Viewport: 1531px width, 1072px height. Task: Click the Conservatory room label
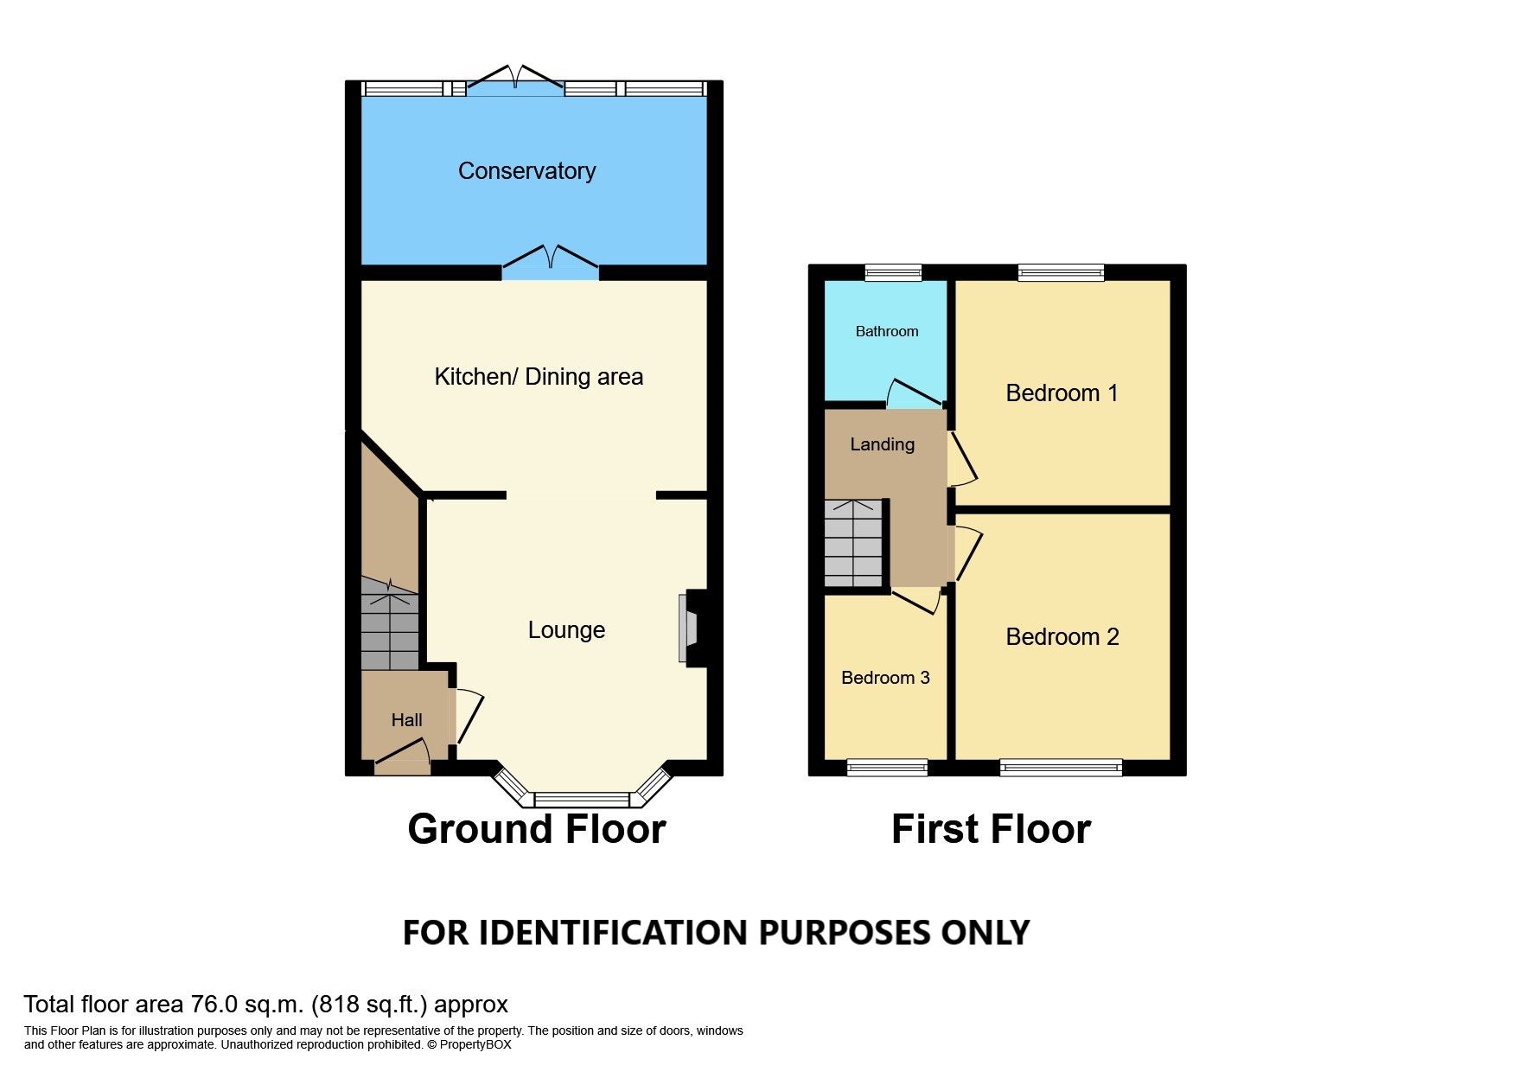(x=526, y=171)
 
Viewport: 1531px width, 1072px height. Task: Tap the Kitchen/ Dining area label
(x=538, y=377)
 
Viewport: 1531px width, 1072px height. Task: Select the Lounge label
(x=566, y=630)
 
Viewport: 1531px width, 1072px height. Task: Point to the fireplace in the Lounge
(x=693, y=628)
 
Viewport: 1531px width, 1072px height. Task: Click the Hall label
(x=406, y=720)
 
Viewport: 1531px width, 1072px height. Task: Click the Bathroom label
(x=886, y=331)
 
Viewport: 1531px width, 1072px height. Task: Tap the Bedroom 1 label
(x=1062, y=393)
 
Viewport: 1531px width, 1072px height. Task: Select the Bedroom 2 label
(x=1062, y=637)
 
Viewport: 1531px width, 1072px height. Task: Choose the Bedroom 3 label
(x=885, y=678)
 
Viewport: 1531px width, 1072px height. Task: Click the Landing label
(x=882, y=444)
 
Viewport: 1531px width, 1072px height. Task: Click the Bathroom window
(x=894, y=273)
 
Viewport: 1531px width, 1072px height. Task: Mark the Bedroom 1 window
(x=1061, y=273)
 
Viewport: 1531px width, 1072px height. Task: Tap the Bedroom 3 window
(x=887, y=767)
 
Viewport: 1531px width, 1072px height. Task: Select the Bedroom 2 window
(x=1061, y=767)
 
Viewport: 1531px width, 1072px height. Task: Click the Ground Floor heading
(x=536, y=829)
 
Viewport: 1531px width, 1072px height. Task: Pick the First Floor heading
(x=991, y=829)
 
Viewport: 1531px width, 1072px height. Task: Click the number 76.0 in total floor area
(x=214, y=1005)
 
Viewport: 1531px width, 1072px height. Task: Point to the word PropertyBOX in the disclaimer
(x=475, y=1044)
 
